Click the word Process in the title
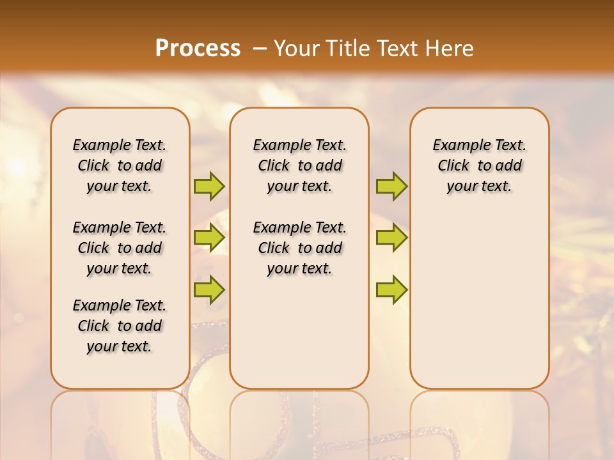(198, 49)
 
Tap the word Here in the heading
(450, 49)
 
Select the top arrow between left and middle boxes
(209, 186)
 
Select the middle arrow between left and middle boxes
(209, 238)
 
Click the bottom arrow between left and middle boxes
(209, 289)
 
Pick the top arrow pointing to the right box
(391, 186)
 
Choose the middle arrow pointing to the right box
(391, 238)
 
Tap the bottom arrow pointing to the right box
(391, 289)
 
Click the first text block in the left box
(120, 165)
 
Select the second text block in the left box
(120, 248)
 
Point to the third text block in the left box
(120, 326)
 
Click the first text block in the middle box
(299, 165)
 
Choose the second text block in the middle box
(299, 248)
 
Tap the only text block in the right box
(479, 165)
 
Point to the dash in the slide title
(260, 49)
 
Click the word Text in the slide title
(398, 49)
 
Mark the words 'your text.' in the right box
(479, 187)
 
